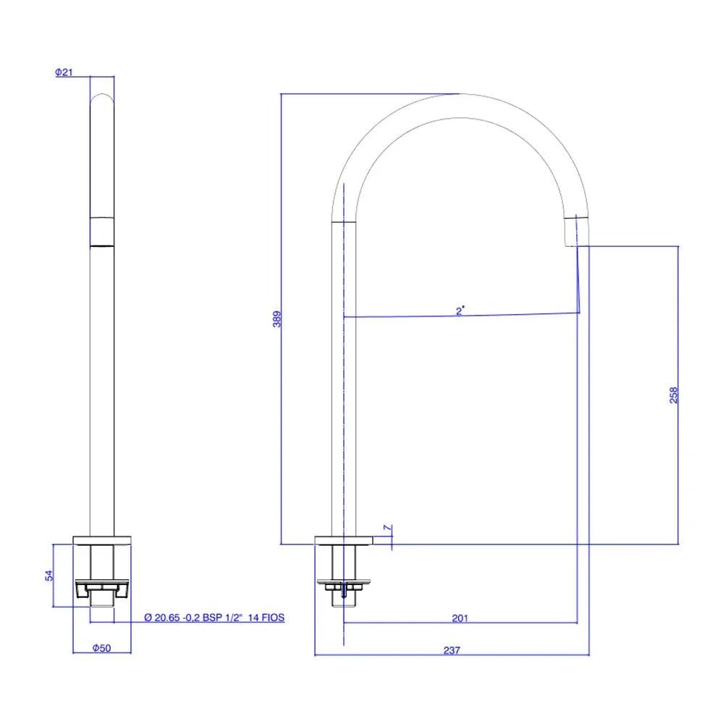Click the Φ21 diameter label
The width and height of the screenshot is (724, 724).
[x=64, y=72]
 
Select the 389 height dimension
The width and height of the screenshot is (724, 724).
[x=276, y=319]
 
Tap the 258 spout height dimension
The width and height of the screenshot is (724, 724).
[x=673, y=395]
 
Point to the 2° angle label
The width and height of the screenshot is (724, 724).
[x=460, y=311]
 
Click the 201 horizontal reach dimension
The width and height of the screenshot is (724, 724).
[x=460, y=618]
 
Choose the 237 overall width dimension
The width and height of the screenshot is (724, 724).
[x=451, y=650]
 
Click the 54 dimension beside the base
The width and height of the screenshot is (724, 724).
[x=49, y=575]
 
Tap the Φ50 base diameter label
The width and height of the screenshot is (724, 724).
[x=101, y=649]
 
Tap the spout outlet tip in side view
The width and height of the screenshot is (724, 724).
[x=576, y=232]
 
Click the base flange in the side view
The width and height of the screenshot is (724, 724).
[x=343, y=540]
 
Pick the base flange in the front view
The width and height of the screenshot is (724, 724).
[x=102, y=540]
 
